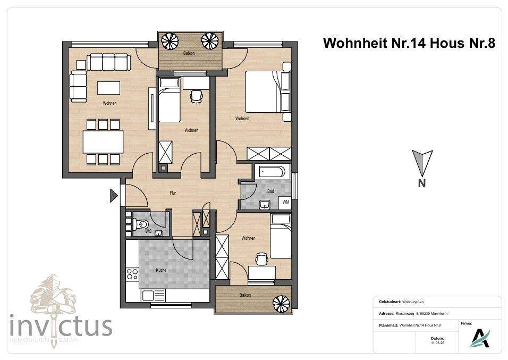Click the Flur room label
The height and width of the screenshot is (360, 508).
(x=172, y=193)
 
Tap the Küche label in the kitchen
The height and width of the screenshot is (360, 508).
(x=162, y=270)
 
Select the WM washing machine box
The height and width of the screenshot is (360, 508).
(x=285, y=202)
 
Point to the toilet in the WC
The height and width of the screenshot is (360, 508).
(x=141, y=225)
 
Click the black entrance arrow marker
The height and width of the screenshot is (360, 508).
(x=113, y=196)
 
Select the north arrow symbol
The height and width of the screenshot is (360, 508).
(x=422, y=162)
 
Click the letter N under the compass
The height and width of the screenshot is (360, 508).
(x=422, y=184)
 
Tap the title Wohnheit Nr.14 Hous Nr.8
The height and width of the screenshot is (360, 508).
(x=409, y=44)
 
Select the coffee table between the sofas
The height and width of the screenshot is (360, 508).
(x=108, y=87)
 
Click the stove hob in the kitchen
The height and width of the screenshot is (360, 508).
(x=132, y=275)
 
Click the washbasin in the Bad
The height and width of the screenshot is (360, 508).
(x=264, y=203)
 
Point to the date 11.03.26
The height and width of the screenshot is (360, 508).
(x=437, y=343)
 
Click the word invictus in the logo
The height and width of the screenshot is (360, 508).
(x=61, y=324)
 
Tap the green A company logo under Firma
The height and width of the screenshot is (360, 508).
(x=480, y=338)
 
